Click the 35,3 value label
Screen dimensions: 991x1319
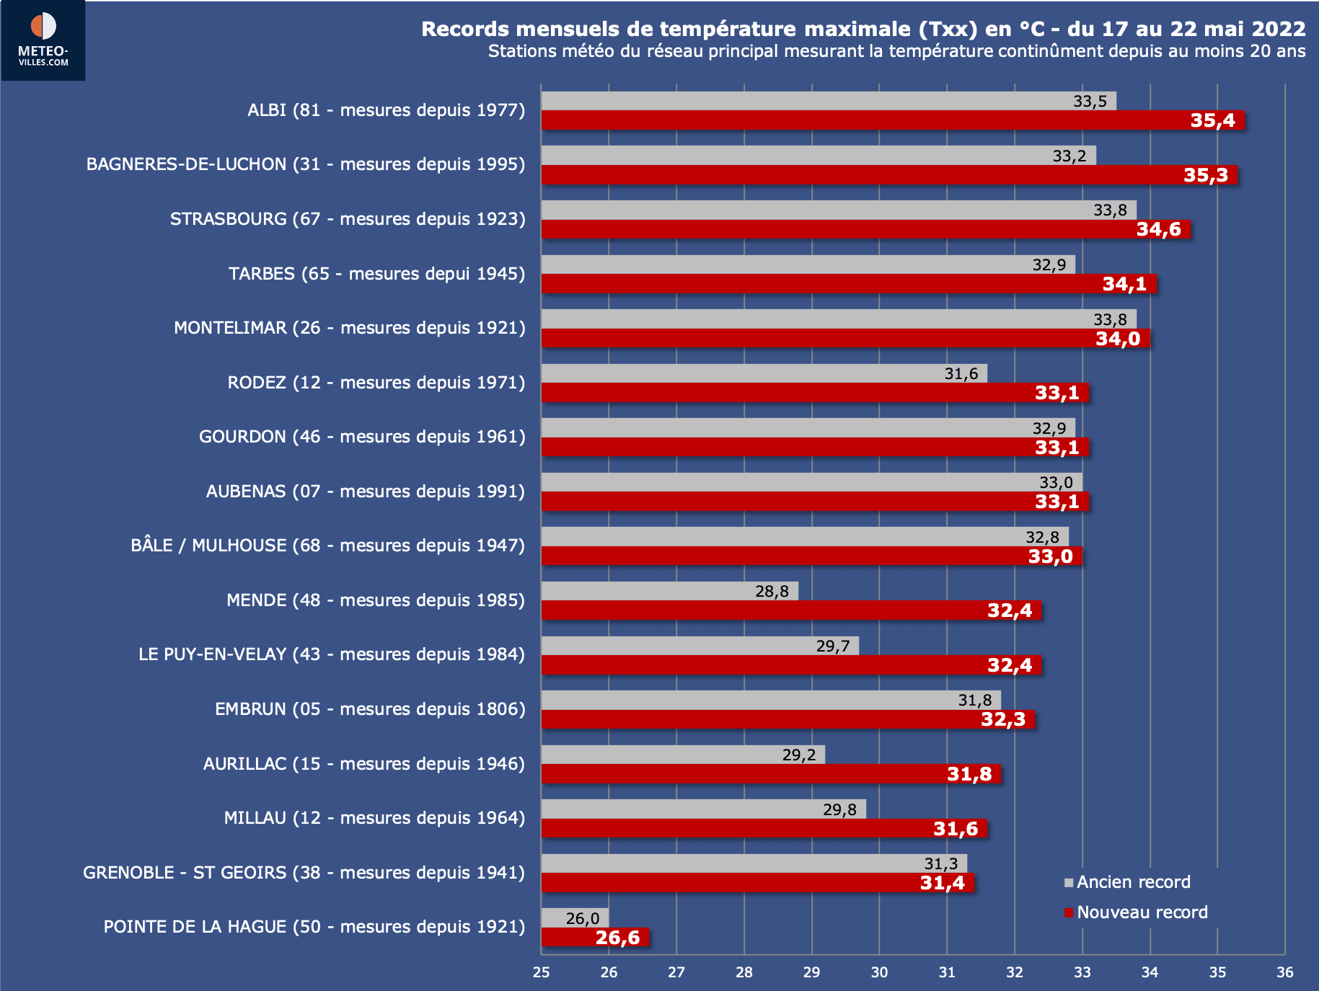click(x=1206, y=175)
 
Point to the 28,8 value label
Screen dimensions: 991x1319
click(x=772, y=592)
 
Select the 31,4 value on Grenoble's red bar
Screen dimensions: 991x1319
click(x=942, y=883)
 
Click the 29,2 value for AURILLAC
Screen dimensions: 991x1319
click(x=799, y=755)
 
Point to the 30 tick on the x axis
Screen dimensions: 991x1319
click(x=879, y=972)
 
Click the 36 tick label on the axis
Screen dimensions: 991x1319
click(x=1284, y=972)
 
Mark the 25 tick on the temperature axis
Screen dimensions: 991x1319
click(x=541, y=972)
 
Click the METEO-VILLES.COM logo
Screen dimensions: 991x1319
click(x=43, y=40)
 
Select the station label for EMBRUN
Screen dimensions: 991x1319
click(x=370, y=709)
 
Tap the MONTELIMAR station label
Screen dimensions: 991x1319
click(x=349, y=328)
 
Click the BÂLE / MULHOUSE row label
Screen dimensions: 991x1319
click(x=327, y=546)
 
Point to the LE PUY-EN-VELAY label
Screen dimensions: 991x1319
click(x=332, y=654)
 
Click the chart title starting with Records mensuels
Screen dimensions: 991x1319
click(x=863, y=29)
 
